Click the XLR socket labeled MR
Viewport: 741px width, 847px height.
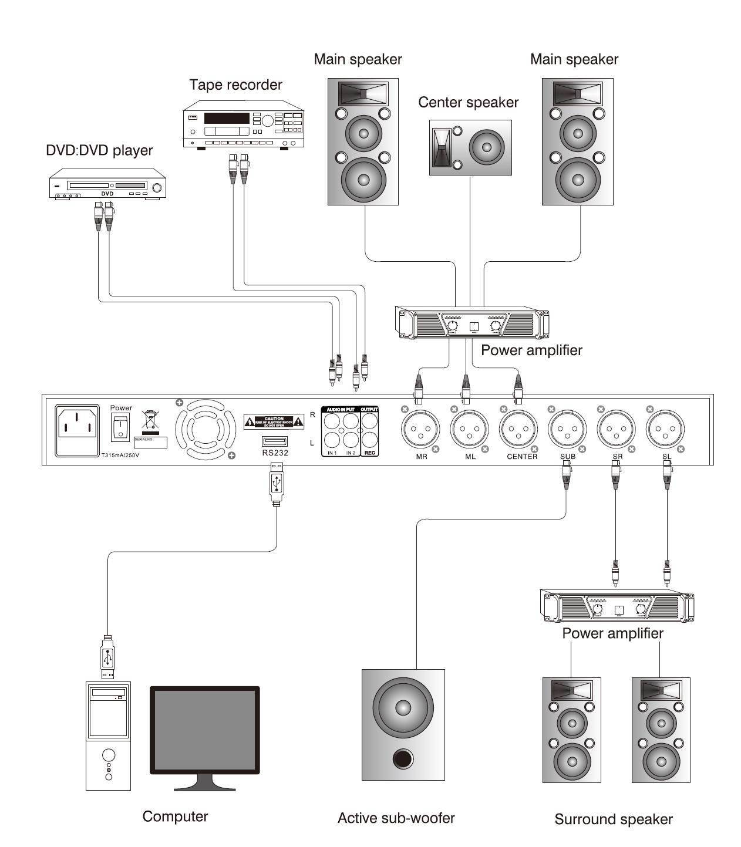(x=421, y=430)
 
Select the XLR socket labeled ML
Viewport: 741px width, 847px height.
(x=470, y=430)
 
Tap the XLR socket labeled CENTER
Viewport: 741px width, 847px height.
(x=518, y=430)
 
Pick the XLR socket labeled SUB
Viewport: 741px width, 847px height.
(x=567, y=430)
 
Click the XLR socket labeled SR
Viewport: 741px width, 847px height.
(x=617, y=430)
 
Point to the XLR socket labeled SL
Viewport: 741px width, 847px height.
(x=665, y=430)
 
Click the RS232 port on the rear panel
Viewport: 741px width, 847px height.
(x=275, y=441)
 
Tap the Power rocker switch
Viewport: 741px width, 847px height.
(x=120, y=427)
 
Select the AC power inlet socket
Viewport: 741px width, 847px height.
(x=77, y=430)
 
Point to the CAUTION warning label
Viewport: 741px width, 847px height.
(x=274, y=421)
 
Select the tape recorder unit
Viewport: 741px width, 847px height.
(x=243, y=126)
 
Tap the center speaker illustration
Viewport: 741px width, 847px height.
(x=470, y=147)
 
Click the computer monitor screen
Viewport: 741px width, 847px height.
(x=205, y=730)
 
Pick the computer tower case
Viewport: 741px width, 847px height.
(x=108, y=735)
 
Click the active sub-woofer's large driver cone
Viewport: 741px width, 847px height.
(x=403, y=707)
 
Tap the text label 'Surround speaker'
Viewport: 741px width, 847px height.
(x=613, y=819)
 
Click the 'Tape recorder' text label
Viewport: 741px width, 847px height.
(x=235, y=85)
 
